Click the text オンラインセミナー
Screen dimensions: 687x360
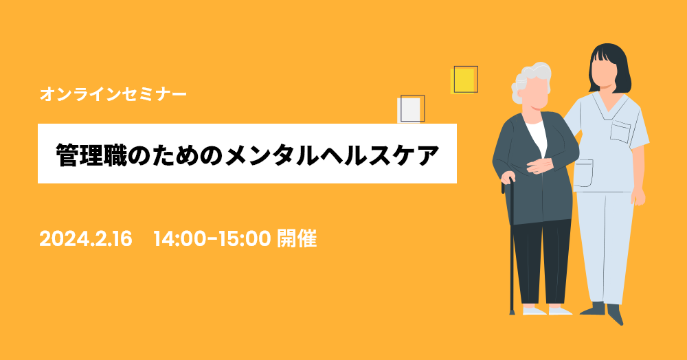coord(113,94)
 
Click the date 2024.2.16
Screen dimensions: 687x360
coord(86,239)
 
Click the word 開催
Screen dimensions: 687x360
coord(297,239)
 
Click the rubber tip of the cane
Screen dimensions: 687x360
coord(513,312)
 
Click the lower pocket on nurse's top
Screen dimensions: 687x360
coord(583,174)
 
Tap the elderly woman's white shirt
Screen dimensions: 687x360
coord(538,136)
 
